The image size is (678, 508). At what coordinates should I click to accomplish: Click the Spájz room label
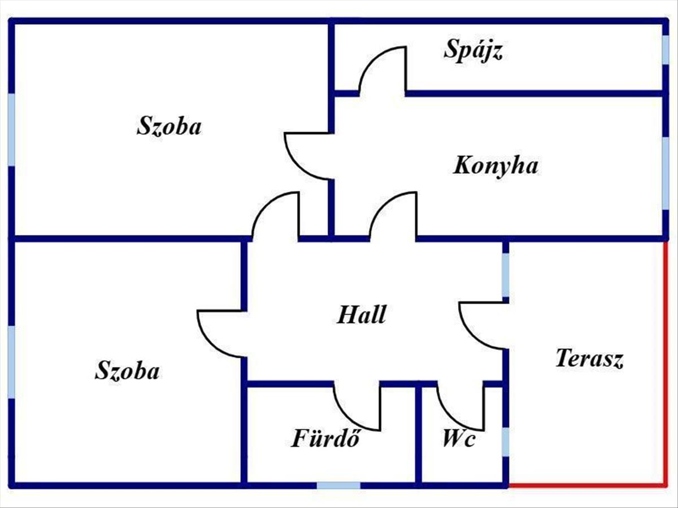coord(473,51)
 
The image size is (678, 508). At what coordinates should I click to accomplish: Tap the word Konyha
coord(496,165)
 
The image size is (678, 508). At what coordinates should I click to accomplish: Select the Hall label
coord(362,314)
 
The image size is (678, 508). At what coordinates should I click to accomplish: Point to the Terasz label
coord(589,358)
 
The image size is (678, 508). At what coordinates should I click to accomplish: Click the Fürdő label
coord(325,437)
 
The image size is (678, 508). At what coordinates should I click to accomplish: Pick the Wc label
coord(458,439)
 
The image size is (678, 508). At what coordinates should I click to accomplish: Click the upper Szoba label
coord(169,126)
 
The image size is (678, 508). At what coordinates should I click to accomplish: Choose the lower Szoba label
coord(127,370)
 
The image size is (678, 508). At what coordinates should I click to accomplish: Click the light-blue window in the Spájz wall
coord(666,50)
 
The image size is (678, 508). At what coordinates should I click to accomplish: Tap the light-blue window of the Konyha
coord(666,173)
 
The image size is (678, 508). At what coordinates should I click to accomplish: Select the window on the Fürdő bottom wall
coord(338,485)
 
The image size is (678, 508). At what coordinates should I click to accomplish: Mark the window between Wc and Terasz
coord(505,442)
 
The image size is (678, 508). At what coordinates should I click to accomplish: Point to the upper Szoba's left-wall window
coord(11,130)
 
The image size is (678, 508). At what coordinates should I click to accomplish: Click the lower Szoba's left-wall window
coord(11,362)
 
